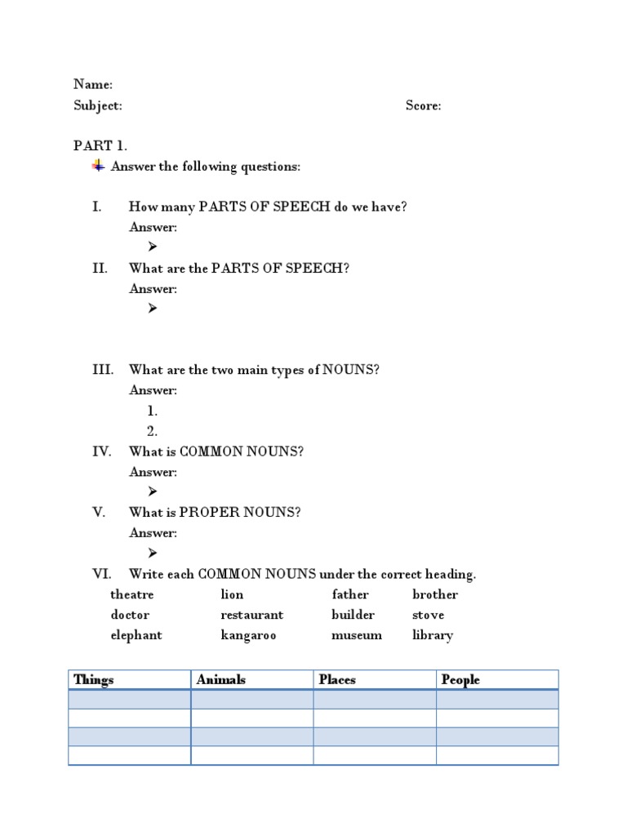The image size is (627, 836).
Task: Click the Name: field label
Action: [x=93, y=84]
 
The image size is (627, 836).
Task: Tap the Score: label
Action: [x=423, y=105]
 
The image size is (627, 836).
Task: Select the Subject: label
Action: [x=98, y=105]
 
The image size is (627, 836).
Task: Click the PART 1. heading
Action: [x=100, y=146]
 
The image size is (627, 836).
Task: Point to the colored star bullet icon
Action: [x=98, y=166]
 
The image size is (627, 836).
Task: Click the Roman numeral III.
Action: [x=103, y=370]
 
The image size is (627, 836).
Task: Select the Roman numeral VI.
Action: [x=101, y=574]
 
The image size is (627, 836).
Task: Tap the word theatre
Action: [x=131, y=594]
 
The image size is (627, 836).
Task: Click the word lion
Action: [x=232, y=594]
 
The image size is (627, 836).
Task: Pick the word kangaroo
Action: [x=248, y=635]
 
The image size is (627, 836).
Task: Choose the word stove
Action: [x=428, y=615]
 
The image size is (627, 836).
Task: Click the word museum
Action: [x=356, y=635]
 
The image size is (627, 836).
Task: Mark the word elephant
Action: [x=136, y=635]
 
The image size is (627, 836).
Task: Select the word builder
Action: [x=353, y=615]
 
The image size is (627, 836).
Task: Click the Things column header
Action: [x=94, y=679]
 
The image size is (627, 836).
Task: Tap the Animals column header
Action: [x=220, y=679]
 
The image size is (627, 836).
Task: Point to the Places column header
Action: [x=337, y=679]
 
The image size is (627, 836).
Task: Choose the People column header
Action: [x=460, y=679]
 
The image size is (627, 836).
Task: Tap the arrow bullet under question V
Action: [x=152, y=553]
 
